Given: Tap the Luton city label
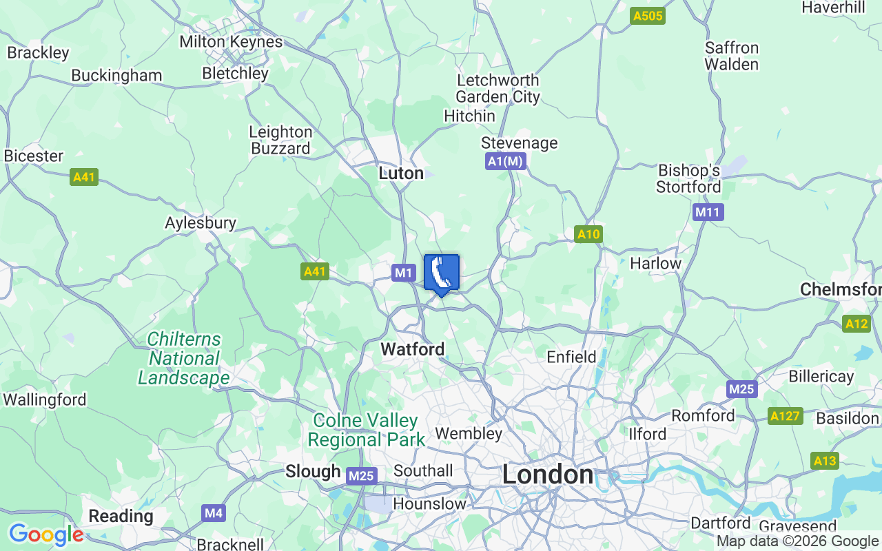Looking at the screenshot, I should [401, 174].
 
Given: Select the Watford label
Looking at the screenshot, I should [413, 349].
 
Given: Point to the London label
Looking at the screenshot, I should [548, 475].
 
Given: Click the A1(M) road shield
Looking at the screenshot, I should [506, 161].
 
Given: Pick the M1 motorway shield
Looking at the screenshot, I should [404, 273].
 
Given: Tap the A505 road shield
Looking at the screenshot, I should [648, 16].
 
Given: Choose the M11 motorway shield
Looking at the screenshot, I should [708, 212].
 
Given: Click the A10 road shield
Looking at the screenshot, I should [588, 234].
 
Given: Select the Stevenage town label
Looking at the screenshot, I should [520, 143].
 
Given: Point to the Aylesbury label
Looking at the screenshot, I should [201, 222].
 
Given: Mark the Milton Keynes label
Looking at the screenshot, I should [231, 41].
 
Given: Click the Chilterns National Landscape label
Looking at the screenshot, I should [184, 359].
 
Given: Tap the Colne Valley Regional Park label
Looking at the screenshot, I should [366, 430].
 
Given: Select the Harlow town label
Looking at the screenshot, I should [655, 263].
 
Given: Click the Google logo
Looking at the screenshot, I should [46, 534].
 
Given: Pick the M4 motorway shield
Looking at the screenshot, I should [214, 512].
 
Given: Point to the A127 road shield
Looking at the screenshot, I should [786, 416].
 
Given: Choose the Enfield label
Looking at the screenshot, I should [571, 357].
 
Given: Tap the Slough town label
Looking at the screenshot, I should [313, 471].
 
